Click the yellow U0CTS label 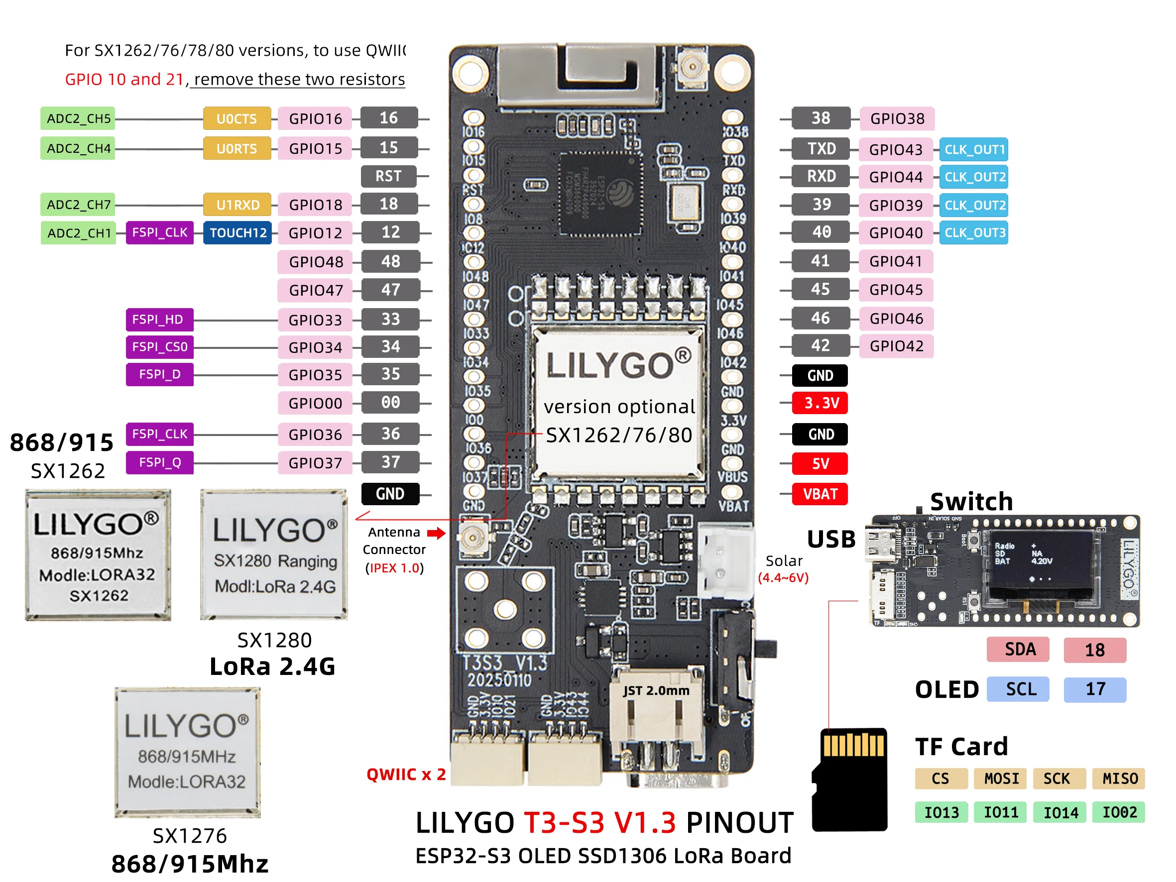click(x=236, y=118)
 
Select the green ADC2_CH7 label click(x=78, y=205)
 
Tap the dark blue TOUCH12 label click(x=237, y=233)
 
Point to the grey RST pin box click(x=388, y=177)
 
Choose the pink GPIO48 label click(x=315, y=262)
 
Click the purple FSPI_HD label click(x=159, y=320)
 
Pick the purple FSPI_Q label click(x=159, y=462)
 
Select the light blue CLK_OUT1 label click(x=973, y=149)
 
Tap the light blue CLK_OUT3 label click(x=973, y=233)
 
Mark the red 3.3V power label click(x=821, y=403)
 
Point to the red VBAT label click(x=819, y=494)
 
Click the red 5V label click(x=819, y=463)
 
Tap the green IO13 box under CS click(x=941, y=812)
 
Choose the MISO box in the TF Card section click(x=1119, y=779)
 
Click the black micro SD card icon click(x=850, y=779)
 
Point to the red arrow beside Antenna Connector click(x=436, y=533)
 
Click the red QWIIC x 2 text click(x=406, y=774)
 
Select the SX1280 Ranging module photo click(x=274, y=554)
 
